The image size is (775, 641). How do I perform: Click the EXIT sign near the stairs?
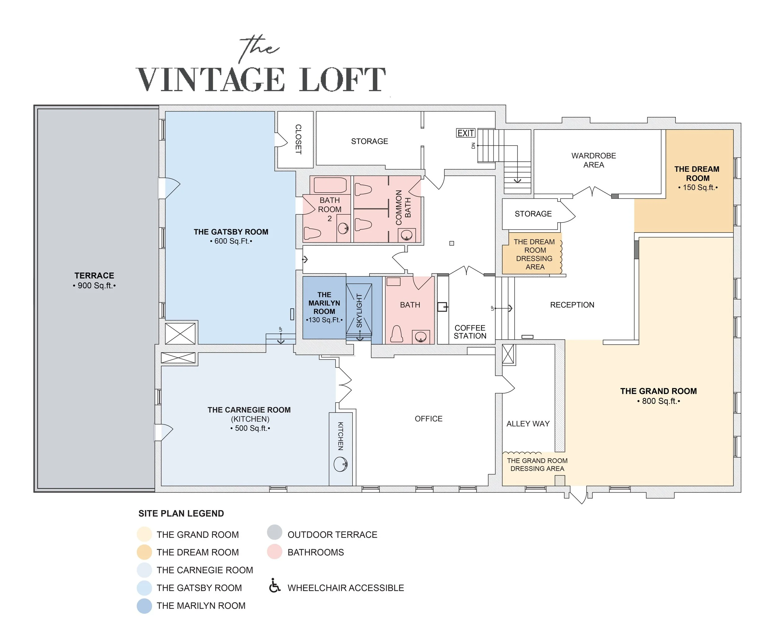point(465,133)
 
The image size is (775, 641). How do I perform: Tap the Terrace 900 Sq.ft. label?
point(95,280)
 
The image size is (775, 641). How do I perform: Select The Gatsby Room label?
point(231,236)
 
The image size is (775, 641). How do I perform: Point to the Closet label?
point(298,139)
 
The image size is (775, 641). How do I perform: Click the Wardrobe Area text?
point(593,160)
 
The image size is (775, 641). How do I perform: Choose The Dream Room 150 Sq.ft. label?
point(697,178)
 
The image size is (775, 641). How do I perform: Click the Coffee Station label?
point(470,332)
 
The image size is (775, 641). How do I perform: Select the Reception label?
point(572,305)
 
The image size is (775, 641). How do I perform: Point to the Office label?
point(428,418)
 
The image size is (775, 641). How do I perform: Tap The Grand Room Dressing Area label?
point(537,465)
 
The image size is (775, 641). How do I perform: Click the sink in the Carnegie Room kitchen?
point(340,464)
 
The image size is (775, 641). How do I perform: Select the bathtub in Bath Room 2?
point(330,185)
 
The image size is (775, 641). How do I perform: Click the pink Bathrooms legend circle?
point(275,552)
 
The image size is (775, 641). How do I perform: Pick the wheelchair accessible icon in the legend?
point(275,586)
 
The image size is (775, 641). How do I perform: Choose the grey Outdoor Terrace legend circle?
point(275,532)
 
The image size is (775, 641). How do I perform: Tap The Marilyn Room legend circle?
point(144,606)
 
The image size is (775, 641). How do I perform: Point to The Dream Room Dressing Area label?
point(534,254)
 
